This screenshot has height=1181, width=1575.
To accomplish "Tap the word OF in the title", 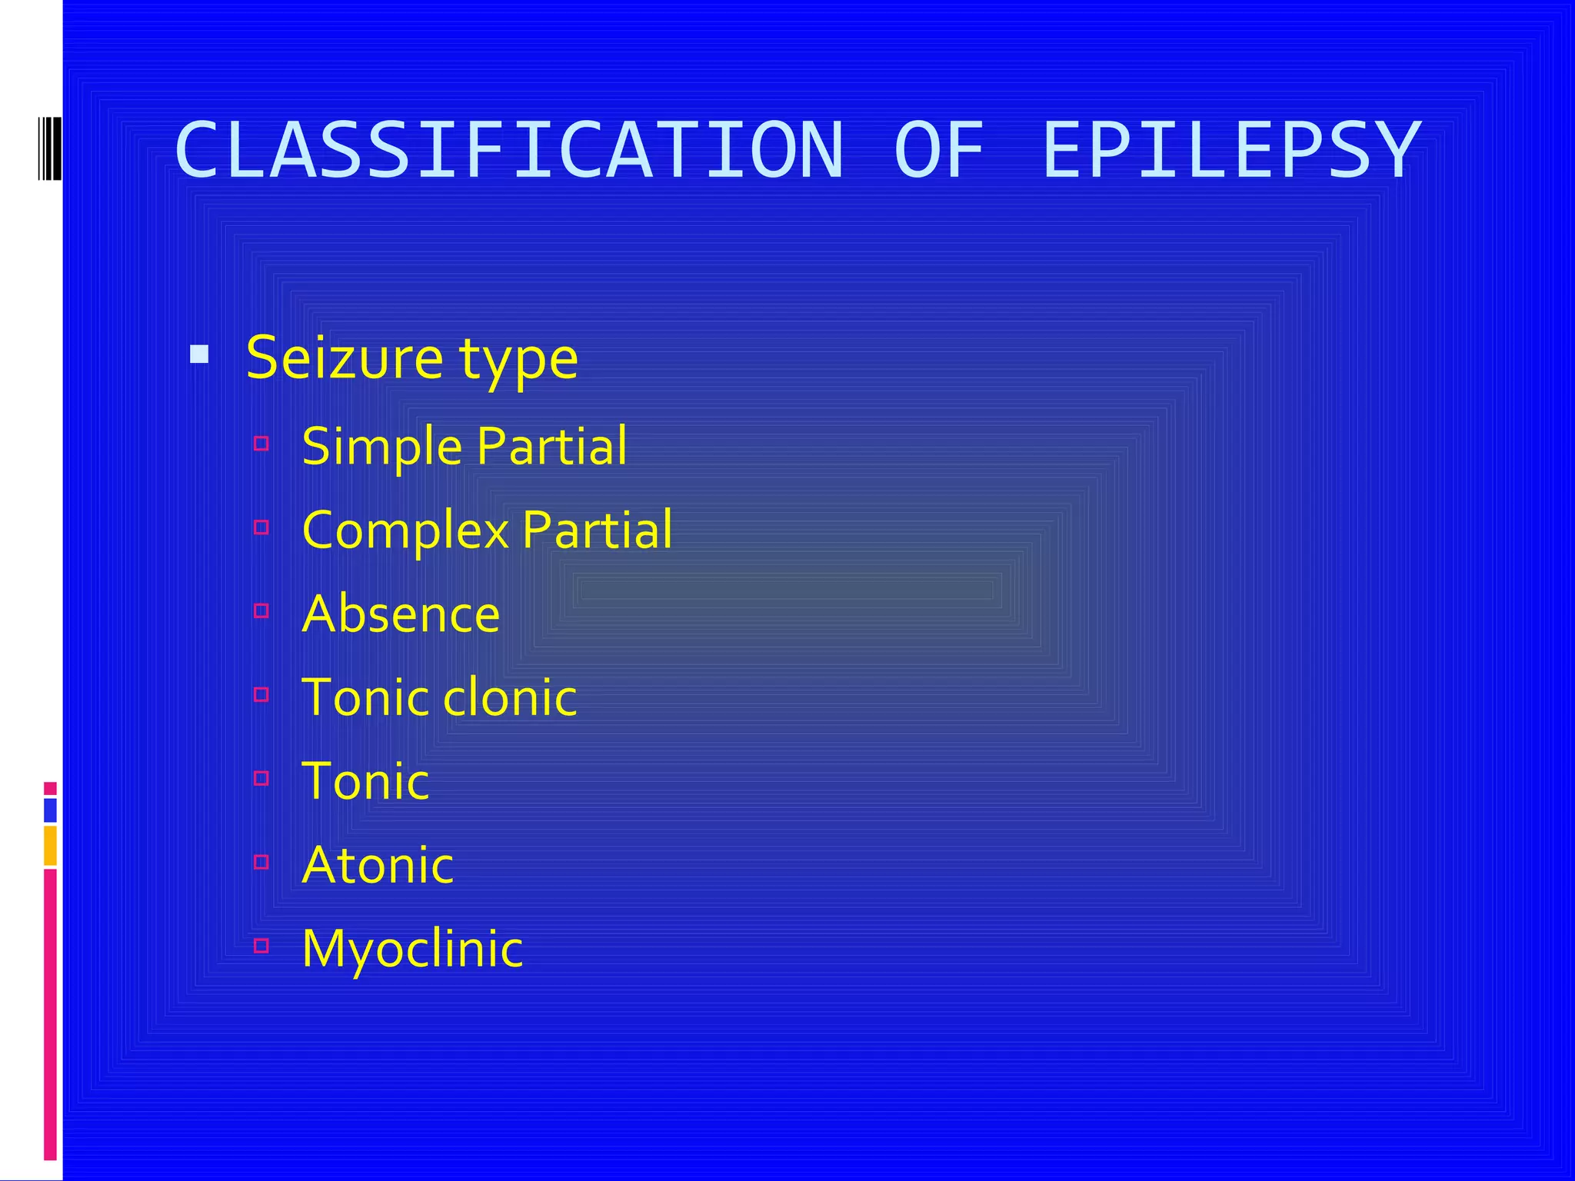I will [939, 150].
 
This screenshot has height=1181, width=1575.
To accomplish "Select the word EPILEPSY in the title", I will [1230, 150].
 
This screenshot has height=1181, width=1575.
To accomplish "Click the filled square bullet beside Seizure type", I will [199, 354].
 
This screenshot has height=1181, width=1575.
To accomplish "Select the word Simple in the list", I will [381, 447].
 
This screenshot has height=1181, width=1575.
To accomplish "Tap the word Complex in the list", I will [405, 531].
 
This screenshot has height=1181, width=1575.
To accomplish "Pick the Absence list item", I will [401, 614].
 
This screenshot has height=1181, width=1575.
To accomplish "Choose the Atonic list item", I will [378, 865].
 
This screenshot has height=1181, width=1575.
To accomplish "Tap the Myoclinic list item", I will [412, 948].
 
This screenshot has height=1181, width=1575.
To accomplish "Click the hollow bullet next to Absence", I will [261, 610].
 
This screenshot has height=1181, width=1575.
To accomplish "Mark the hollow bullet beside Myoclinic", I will [261, 945].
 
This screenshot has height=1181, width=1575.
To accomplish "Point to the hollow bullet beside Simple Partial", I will [261, 443].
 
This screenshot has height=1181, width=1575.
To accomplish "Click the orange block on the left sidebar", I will [50, 845].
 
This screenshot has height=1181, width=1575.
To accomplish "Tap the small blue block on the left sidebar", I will [50, 810].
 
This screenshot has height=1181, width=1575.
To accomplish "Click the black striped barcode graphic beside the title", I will [49, 148].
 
